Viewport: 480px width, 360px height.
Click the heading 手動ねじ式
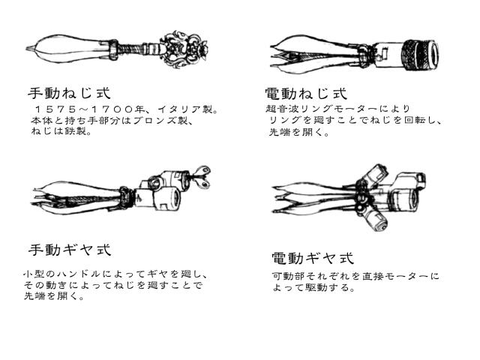click(x=69, y=93)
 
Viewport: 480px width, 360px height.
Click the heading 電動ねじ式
click(x=306, y=93)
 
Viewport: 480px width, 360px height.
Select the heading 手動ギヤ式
click(x=70, y=250)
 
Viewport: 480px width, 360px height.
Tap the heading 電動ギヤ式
click(x=313, y=258)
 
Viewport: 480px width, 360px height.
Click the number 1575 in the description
click(x=55, y=109)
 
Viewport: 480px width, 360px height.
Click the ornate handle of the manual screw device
click(x=186, y=49)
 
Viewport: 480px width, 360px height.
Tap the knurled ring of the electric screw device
click(x=414, y=55)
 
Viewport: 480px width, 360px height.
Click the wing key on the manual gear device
click(x=201, y=177)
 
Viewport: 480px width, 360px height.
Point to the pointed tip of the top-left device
click(x=27, y=48)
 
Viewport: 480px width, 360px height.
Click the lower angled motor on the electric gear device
click(x=376, y=219)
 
